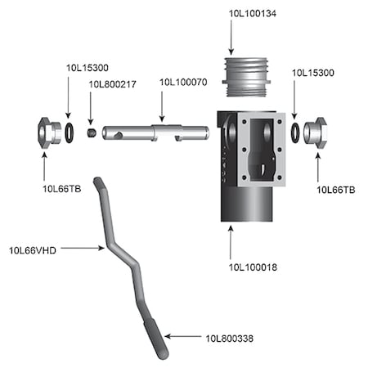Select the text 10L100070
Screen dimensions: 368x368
click(182, 83)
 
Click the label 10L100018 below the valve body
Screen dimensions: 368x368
click(252, 267)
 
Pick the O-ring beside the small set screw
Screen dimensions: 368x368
click(72, 131)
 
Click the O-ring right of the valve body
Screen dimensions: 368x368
click(293, 131)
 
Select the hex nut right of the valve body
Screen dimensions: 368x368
click(316, 132)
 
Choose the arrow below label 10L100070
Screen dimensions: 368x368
click(162, 105)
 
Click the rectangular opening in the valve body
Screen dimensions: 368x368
click(263, 151)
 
